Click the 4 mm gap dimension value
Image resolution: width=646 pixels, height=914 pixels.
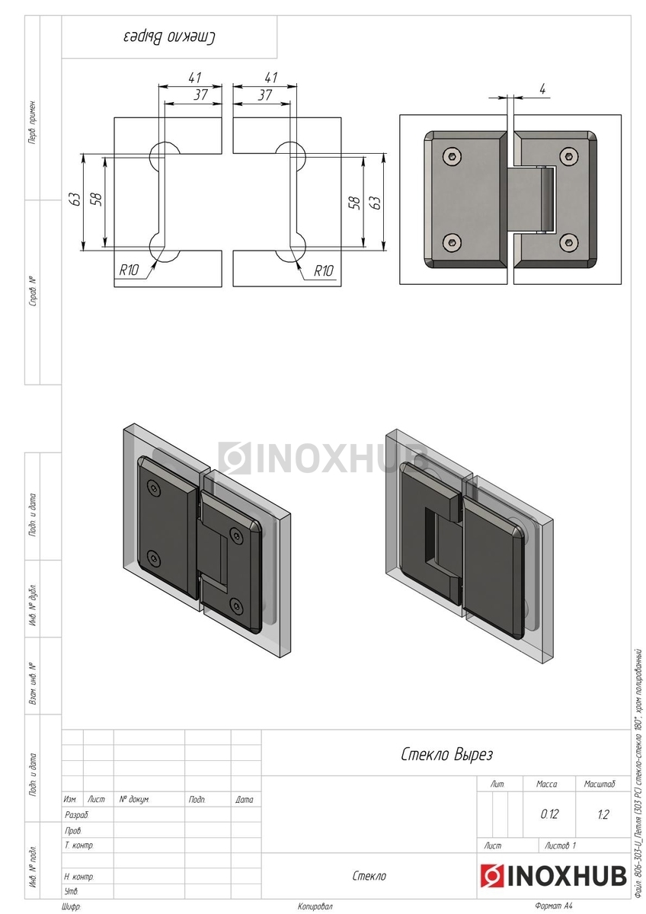coord(542,89)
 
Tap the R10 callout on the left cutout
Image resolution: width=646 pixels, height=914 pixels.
coord(129,270)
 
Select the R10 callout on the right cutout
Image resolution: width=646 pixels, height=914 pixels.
coord(323,270)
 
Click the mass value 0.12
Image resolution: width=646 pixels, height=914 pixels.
coord(549,814)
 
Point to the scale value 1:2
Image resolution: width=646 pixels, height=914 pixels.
coord(603,814)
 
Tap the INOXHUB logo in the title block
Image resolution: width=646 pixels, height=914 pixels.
coord(553,876)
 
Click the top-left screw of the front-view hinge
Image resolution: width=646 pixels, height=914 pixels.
coord(452,155)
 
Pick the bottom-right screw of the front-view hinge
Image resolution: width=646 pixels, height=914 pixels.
coord(568,243)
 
